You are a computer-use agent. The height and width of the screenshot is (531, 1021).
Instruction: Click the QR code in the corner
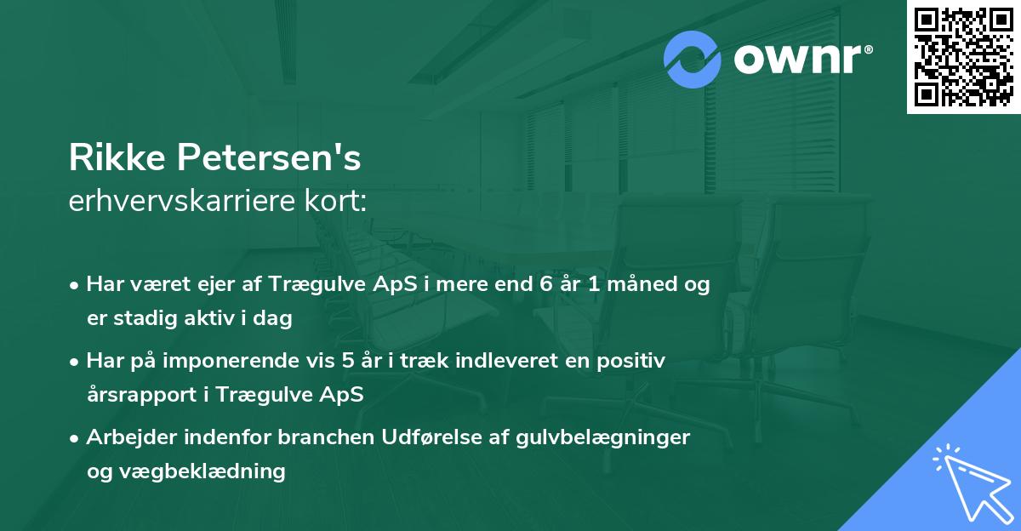(963, 57)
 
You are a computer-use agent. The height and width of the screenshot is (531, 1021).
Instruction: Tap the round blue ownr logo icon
(693, 59)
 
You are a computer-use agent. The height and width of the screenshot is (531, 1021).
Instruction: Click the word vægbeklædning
(201, 471)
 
